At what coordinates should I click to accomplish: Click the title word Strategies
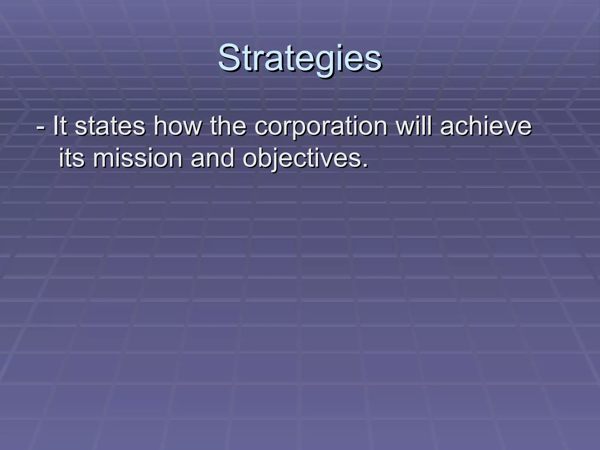coord(300,58)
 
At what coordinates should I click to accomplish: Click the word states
coord(110,126)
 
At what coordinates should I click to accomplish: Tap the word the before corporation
coord(228,126)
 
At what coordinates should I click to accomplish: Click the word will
coord(413,126)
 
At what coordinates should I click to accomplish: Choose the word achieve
coord(485,126)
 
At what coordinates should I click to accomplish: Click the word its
coord(72,158)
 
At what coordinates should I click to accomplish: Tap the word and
coord(213,158)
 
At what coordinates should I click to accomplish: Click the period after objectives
coord(365,166)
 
